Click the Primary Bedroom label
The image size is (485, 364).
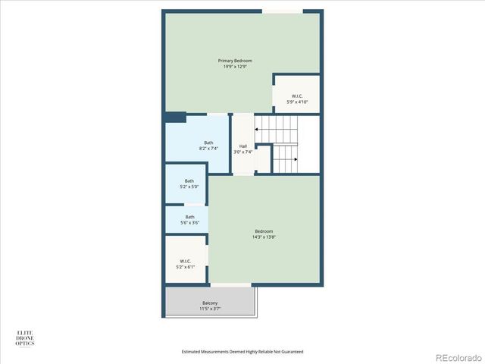[x=235, y=61]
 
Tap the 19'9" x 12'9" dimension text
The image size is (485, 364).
[x=235, y=67]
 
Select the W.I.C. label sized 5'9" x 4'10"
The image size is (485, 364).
[x=297, y=96]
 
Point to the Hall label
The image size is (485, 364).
[x=242, y=146]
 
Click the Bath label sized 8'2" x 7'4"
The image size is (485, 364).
[x=208, y=143]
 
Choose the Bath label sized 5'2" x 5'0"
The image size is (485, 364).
[x=189, y=181]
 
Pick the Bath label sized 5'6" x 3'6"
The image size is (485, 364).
[x=189, y=217]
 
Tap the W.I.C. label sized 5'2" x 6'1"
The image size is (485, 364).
[x=186, y=262]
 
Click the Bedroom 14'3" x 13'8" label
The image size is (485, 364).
[x=264, y=231]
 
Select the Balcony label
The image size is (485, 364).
[x=210, y=303]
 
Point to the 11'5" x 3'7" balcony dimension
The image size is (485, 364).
[x=210, y=309]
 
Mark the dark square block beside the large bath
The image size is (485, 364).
[x=176, y=118]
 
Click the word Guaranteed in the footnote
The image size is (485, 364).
[x=291, y=352]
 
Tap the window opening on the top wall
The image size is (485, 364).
[x=283, y=11]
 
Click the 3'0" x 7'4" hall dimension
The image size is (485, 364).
[x=242, y=152]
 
